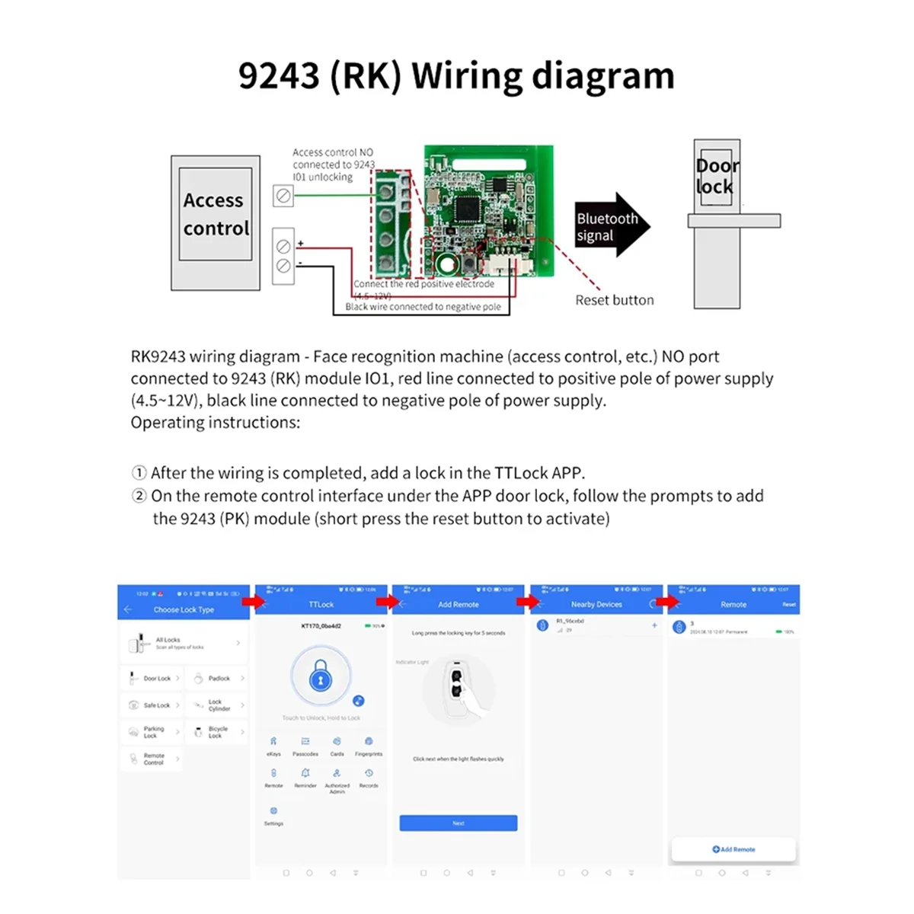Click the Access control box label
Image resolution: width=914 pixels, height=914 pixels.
216,214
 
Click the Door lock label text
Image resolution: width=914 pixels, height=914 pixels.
716,177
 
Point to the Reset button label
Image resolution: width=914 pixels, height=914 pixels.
614,300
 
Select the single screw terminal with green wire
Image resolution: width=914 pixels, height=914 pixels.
283,196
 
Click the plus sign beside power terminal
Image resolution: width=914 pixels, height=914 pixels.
300,243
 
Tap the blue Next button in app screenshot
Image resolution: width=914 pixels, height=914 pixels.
458,823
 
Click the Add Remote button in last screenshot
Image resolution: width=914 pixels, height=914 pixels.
733,848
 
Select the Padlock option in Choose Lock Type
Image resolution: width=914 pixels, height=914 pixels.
217,678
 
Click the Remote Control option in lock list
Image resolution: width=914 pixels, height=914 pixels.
152,759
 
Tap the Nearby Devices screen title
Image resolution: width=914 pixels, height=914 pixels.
596,604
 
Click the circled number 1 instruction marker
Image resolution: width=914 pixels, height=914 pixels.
139,473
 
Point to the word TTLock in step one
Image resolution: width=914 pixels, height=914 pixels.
521,473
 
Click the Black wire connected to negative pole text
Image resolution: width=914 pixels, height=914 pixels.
423,307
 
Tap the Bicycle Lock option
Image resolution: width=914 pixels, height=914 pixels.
217,732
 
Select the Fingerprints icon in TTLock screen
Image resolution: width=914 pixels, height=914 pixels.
369,745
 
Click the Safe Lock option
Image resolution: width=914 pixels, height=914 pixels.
152,705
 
